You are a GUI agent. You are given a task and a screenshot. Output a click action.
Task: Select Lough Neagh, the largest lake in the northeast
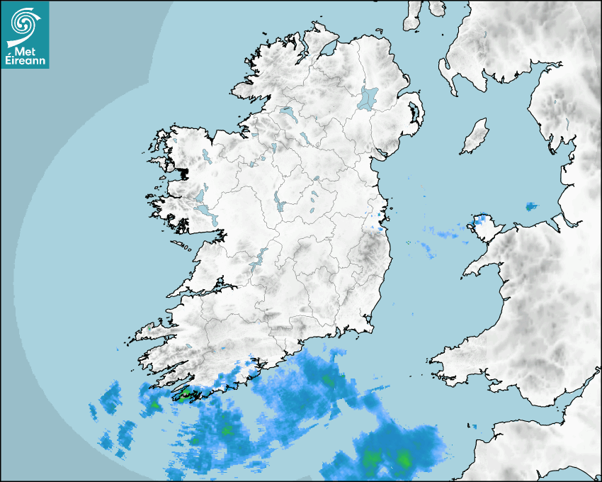[368, 97]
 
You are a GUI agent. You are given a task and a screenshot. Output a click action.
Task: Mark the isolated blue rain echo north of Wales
[531, 206]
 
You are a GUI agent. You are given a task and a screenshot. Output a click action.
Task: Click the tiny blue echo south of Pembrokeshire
[473, 426]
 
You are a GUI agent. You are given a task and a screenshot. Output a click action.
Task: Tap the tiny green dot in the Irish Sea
[409, 242]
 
